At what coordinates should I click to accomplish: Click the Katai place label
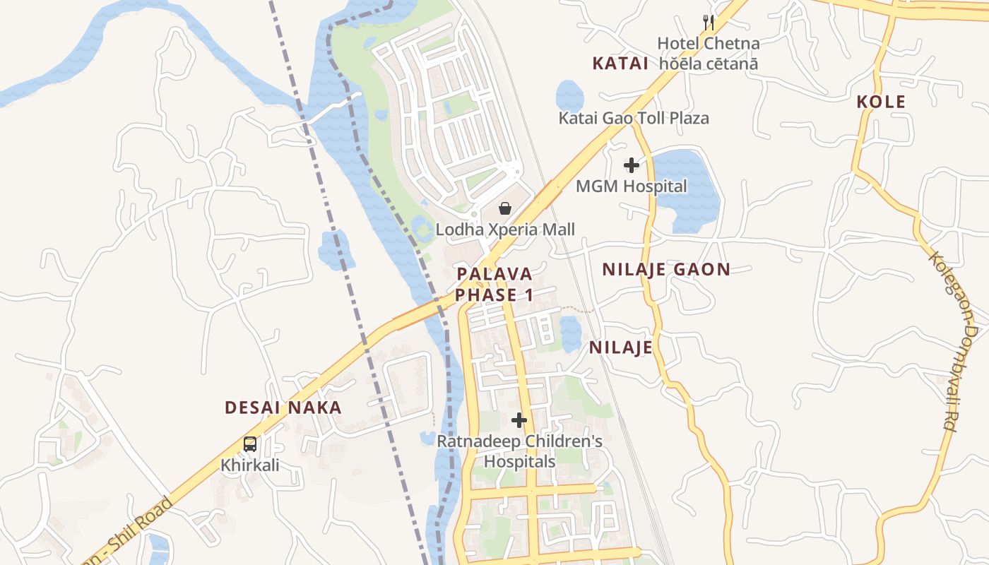620,64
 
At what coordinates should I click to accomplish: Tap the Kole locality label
881,102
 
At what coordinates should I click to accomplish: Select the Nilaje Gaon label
666,269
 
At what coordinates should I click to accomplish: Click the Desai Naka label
283,408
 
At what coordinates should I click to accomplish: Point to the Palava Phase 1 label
494,285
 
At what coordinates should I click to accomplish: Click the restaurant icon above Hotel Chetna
709,23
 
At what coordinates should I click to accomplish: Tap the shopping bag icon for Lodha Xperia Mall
505,208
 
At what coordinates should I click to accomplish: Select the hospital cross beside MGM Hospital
631,165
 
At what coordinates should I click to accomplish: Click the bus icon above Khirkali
249,444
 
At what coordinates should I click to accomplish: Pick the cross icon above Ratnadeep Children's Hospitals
519,420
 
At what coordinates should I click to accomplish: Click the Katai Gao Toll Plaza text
634,118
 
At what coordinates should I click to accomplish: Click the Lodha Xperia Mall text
505,230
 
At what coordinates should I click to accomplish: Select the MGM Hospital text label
631,186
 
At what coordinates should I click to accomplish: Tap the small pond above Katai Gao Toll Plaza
569,95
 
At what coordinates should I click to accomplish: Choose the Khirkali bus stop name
250,465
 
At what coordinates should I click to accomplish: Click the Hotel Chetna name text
708,44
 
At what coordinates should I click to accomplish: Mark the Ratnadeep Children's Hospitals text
519,451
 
